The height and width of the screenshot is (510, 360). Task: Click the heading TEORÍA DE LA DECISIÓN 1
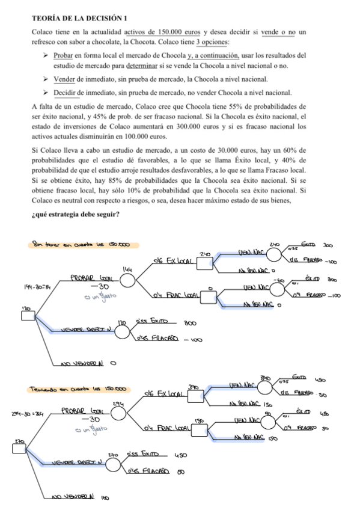click(79, 19)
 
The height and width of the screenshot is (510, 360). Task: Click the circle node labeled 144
click(127, 281)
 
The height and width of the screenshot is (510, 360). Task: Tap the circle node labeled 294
click(118, 414)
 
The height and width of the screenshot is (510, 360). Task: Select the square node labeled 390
click(195, 398)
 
